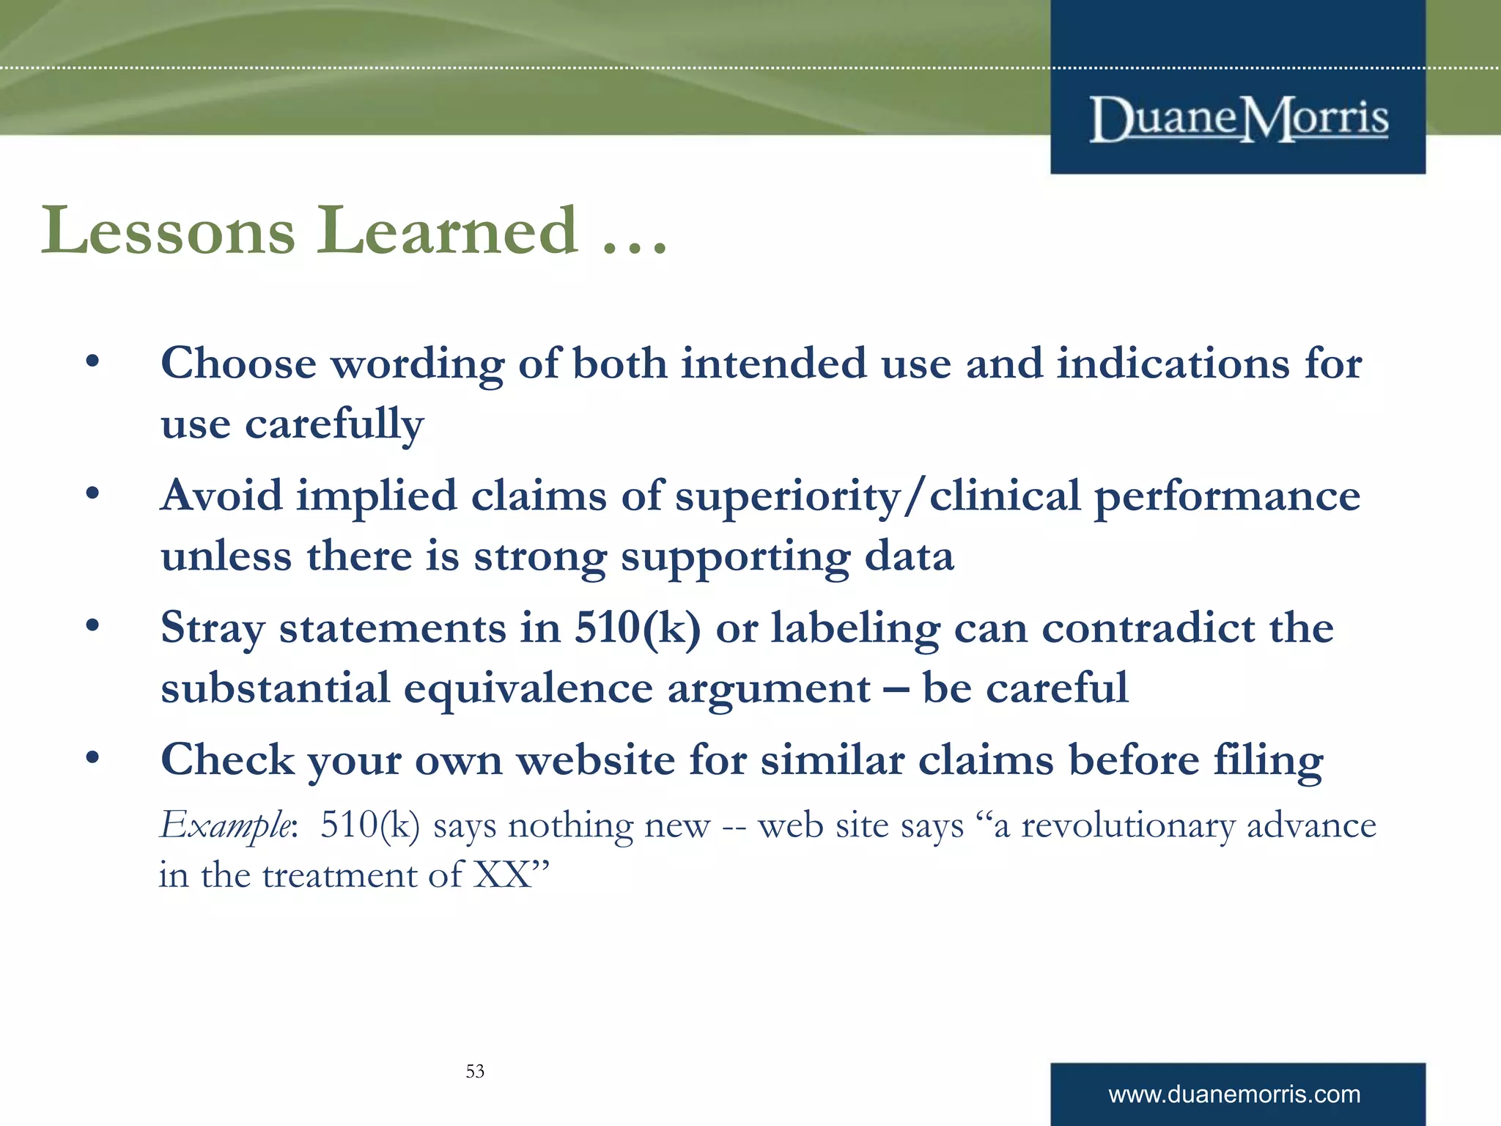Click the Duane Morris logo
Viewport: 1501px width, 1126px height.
[x=1238, y=119]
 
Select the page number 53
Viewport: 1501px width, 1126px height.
[x=475, y=1071]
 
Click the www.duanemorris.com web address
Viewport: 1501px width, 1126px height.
[x=1234, y=1094]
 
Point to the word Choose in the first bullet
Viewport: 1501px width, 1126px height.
[x=238, y=364]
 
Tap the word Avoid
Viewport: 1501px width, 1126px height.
[x=221, y=496]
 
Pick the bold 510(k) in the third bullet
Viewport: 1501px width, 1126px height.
[x=638, y=628]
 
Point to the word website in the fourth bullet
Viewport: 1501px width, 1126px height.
[x=596, y=760]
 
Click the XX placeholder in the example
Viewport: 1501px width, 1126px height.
[x=502, y=875]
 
